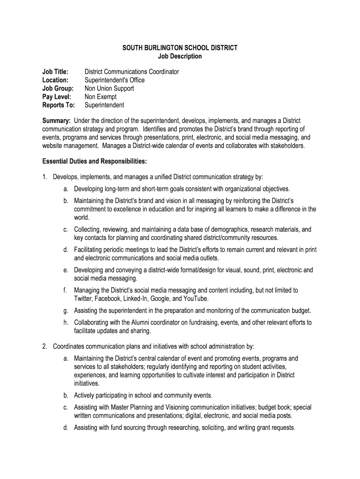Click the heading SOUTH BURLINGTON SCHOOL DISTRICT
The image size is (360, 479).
(180, 48)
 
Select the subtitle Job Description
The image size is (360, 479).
(180, 56)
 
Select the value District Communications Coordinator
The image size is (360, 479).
(131, 72)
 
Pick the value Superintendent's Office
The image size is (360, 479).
(115, 80)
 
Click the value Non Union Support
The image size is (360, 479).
(109, 88)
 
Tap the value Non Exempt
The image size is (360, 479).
(101, 97)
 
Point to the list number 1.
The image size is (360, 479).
(44, 177)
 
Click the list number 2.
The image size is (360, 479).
(44, 347)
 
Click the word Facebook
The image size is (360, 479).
(108, 298)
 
